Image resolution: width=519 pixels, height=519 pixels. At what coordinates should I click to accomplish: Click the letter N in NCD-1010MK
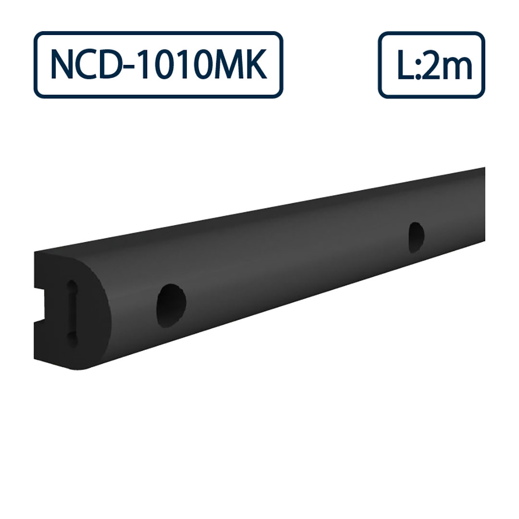pos(62,65)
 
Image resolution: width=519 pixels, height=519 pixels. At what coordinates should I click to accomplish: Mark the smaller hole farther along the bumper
pos(416,237)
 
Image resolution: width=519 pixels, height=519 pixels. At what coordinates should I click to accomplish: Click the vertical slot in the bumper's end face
pos(72,312)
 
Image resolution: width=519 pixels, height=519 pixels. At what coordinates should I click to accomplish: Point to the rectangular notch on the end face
pos(39,305)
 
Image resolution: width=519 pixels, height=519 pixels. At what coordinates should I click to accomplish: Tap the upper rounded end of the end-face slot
pos(72,285)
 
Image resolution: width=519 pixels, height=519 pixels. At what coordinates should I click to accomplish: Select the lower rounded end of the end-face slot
pos(72,340)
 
